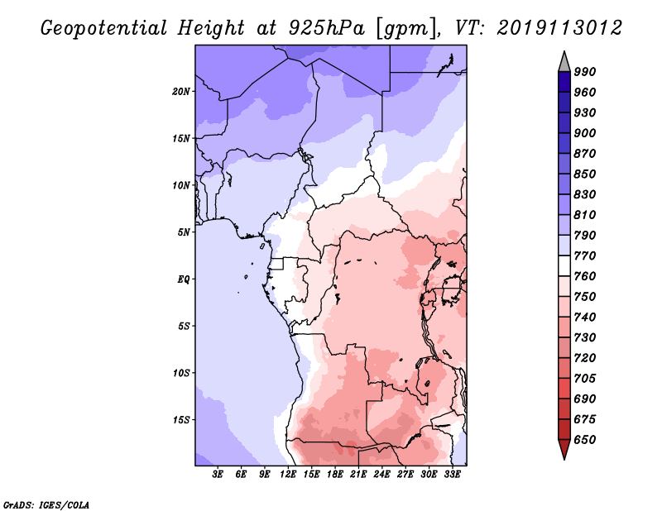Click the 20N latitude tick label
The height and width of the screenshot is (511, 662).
pyautogui.click(x=180, y=92)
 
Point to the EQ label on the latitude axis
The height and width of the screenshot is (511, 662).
pyautogui.click(x=183, y=279)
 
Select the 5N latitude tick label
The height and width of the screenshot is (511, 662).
pyautogui.click(x=184, y=232)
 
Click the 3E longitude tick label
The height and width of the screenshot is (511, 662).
pyautogui.click(x=218, y=475)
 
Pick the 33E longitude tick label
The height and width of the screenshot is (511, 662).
pyautogui.click(x=452, y=475)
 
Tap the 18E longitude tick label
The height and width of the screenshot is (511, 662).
pyautogui.click(x=335, y=475)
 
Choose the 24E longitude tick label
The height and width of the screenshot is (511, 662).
pyautogui.click(x=381, y=475)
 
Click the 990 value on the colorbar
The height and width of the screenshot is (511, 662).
pyautogui.click(x=585, y=72)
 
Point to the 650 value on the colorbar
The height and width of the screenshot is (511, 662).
pyautogui.click(x=585, y=440)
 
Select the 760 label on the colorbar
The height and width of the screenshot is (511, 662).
pyautogui.click(x=585, y=276)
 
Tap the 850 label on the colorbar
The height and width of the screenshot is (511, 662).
pyautogui.click(x=585, y=174)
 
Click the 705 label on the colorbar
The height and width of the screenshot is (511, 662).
pyautogui.click(x=585, y=379)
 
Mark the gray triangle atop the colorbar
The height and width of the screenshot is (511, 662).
pyautogui.click(x=564, y=63)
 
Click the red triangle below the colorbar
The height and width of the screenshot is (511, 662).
pyautogui.click(x=564, y=448)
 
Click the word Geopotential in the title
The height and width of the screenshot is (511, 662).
pyautogui.click(x=104, y=28)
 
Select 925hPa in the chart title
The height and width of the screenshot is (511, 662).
pyautogui.click(x=326, y=28)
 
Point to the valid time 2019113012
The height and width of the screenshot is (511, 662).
pyautogui.click(x=559, y=28)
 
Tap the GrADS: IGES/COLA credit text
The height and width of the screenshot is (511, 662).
pyautogui.click(x=46, y=505)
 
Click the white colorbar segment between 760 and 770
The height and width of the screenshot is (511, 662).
pyautogui.click(x=564, y=266)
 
